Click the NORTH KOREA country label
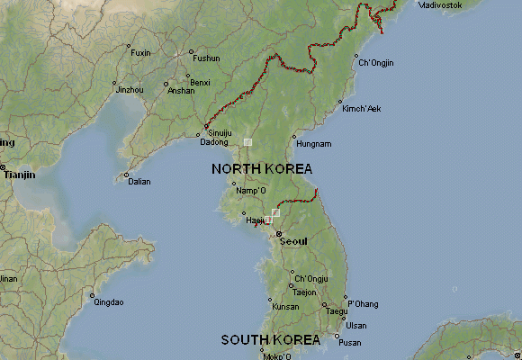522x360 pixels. coord(262,169)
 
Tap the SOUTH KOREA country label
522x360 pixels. coord(270,340)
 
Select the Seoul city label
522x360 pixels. coord(293,241)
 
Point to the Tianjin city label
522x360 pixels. coord(20,175)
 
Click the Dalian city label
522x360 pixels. coord(139,182)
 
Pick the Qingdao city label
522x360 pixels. coord(108,302)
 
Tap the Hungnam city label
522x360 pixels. coord(313,144)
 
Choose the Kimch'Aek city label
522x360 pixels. coord(362,109)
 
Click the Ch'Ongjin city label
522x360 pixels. coord(376,63)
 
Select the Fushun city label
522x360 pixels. coord(206,58)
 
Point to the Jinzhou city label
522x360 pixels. coord(130,90)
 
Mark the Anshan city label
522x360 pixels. coord(181,91)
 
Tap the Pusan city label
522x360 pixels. coord(349,343)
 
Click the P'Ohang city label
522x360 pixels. coord(363,304)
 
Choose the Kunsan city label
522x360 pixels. coord(285,307)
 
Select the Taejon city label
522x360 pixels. coord(304,292)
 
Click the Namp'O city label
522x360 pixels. coord(251,191)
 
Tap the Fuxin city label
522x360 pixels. coord(141,53)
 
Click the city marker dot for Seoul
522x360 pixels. coord(278,234)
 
